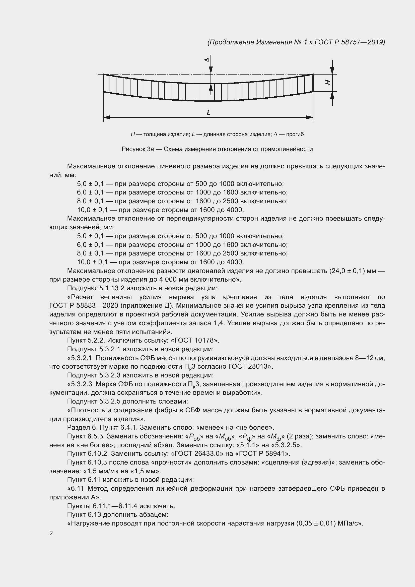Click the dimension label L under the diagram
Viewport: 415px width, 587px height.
tap(209, 112)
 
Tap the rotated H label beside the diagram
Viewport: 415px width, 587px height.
tap(328, 82)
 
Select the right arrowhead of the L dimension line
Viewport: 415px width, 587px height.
tap(309, 117)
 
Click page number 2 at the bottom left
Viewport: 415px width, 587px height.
tap(51, 533)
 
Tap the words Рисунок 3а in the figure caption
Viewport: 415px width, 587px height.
tap(137, 149)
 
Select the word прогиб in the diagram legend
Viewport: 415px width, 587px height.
tap(295, 134)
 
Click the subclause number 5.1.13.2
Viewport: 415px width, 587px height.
tap(112, 288)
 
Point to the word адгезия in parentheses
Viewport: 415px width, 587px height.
tap(317, 462)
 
